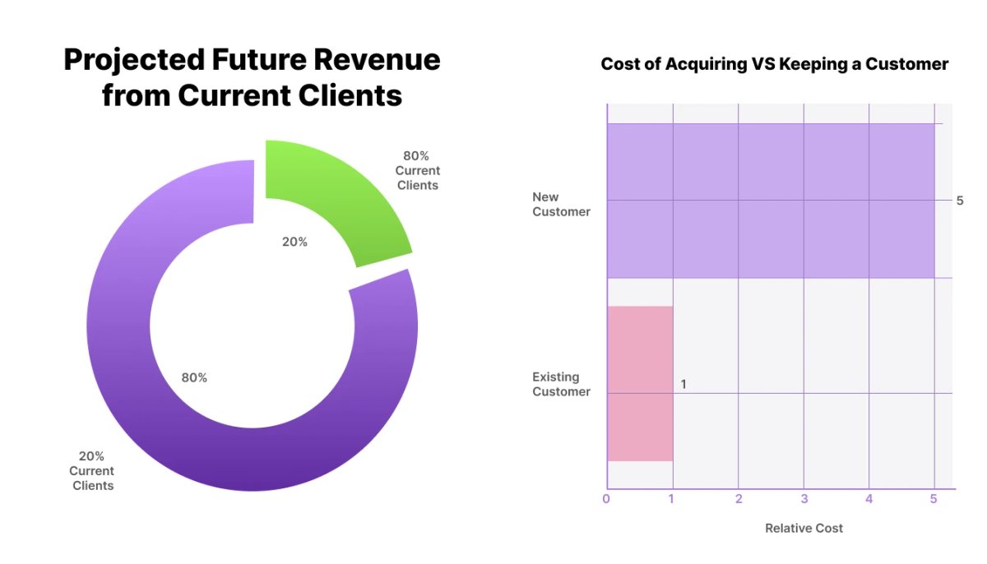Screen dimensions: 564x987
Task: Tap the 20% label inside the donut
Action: (294, 242)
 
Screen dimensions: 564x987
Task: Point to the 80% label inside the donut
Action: (194, 378)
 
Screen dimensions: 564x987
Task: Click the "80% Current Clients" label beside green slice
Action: (417, 170)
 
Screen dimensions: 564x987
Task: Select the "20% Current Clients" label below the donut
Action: (91, 471)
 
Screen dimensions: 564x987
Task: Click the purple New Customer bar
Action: (770, 201)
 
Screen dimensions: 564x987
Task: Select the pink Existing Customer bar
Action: (640, 383)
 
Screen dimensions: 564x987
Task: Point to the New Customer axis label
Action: (561, 204)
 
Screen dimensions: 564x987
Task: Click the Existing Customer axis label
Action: (561, 384)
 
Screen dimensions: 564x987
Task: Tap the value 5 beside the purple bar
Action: (959, 201)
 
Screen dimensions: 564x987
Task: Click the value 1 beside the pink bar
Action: (683, 384)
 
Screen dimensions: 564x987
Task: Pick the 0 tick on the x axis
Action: (607, 499)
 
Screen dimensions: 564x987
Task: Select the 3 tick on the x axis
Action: (804, 499)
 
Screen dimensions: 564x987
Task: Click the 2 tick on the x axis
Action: (739, 499)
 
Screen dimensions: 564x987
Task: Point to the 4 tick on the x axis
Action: (869, 499)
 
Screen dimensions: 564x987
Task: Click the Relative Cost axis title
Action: (804, 528)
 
